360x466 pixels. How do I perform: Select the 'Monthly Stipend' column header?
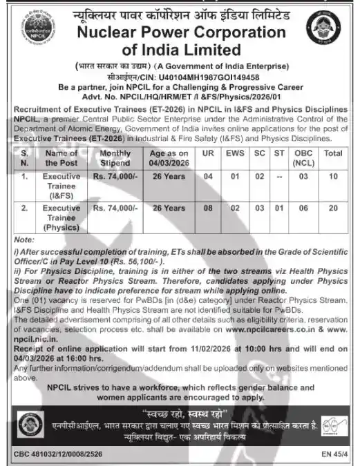pos(115,158)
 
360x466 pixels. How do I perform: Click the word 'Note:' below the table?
pos(22,238)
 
